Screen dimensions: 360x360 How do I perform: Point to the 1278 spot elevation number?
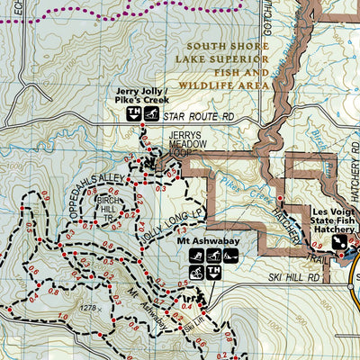click(87, 309)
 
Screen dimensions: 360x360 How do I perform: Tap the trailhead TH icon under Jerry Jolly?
click(132, 113)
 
